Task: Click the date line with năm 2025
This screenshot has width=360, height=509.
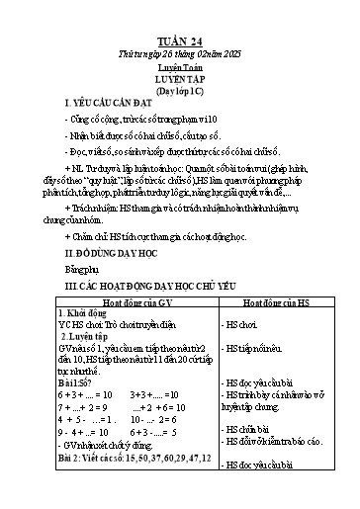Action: point(179,55)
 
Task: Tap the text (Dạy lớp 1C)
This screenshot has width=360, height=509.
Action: point(179,96)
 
